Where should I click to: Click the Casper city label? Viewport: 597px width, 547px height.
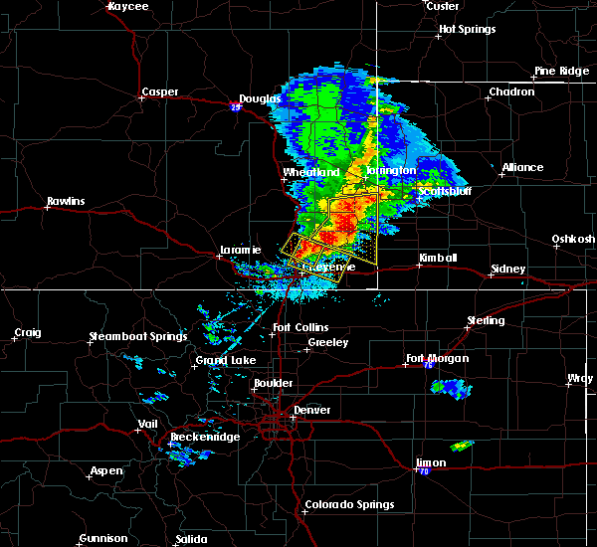[159, 92]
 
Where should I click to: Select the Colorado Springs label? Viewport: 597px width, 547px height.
[349, 504]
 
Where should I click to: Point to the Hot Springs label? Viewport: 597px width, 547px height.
[467, 29]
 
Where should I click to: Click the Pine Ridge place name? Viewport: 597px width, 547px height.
[557, 71]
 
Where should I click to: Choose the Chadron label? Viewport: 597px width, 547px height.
[510, 92]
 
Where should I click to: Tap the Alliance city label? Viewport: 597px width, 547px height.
[522, 167]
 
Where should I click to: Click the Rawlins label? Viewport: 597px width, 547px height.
[66, 202]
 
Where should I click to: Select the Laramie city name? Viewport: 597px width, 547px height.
[240, 251]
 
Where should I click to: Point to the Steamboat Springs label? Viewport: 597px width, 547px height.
[138, 336]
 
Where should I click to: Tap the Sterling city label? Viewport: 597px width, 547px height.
[486, 321]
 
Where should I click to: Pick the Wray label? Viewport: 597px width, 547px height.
[579, 378]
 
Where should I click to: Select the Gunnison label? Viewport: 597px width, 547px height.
[103, 539]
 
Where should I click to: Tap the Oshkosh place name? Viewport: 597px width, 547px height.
[574, 239]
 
